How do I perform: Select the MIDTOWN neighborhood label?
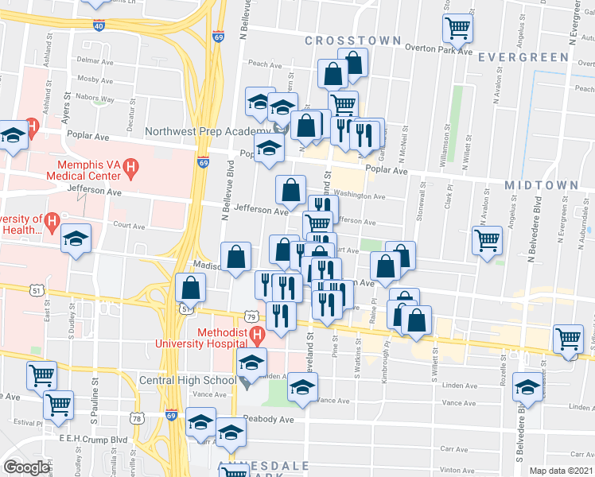point(541,184)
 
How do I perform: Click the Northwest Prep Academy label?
point(208,131)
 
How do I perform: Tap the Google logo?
point(26,467)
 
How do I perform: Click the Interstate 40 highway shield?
point(99,25)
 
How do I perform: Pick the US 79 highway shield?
point(251,317)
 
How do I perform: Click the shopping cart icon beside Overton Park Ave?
point(458,28)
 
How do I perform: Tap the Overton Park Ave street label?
point(437,49)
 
